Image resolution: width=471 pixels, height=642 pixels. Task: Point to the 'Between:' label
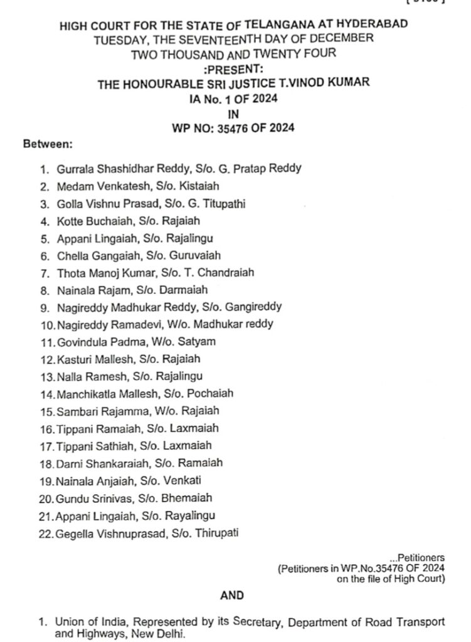click(48, 145)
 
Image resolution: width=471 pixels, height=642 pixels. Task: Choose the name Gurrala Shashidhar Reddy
click(108, 169)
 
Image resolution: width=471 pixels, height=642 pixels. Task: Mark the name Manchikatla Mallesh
click(101, 394)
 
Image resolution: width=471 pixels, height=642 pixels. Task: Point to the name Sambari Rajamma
click(93, 411)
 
